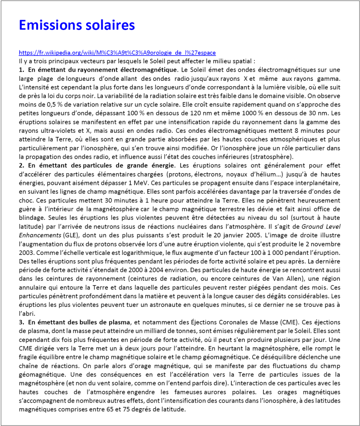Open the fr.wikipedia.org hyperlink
[117, 53]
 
